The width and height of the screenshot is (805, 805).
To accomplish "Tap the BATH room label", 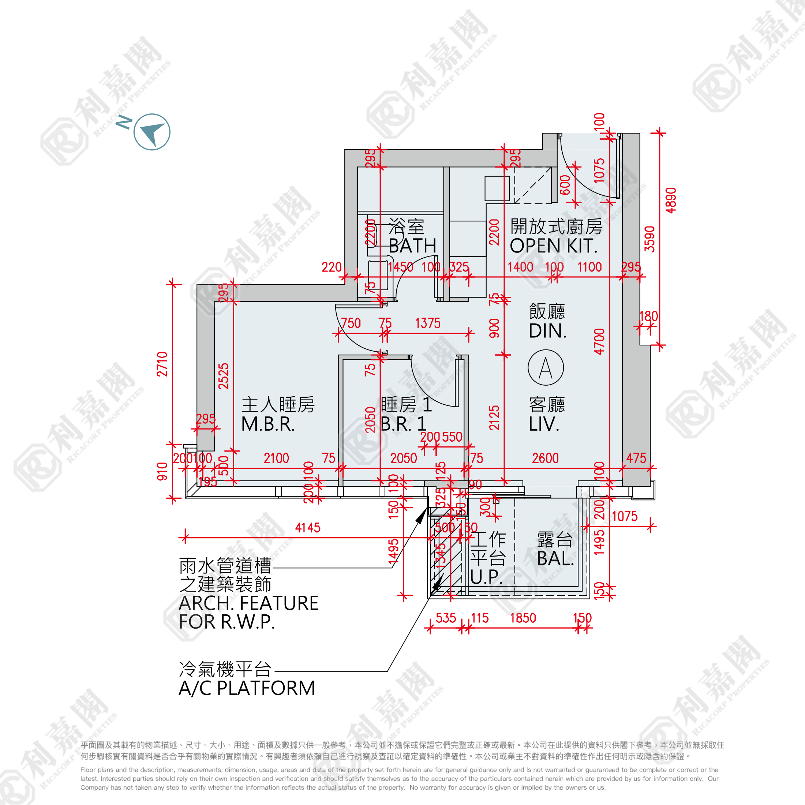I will coord(412,246).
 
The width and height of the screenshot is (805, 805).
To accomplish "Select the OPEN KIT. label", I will coord(553,246).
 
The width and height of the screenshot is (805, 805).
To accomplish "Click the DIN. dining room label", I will coord(547,331).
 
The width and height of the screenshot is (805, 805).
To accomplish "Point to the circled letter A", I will coord(546,367).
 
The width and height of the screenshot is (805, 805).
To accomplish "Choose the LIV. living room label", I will coord(544,424).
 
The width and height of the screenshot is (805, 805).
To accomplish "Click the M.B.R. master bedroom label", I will coord(268,424).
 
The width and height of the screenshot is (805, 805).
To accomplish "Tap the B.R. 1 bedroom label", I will coord(403,424).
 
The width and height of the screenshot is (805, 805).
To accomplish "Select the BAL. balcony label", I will coord(555,559).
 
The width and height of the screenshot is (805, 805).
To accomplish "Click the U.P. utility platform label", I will coord(486,577).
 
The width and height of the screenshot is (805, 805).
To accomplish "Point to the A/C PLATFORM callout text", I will coord(247,688).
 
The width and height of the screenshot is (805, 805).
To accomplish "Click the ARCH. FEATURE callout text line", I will coord(248,603).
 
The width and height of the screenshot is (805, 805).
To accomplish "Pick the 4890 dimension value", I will coord(671,201).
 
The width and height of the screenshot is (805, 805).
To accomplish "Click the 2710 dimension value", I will coord(162,364).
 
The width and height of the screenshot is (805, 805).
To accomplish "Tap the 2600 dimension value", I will coord(545,458).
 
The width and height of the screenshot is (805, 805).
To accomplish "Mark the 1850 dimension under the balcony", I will coord(523,618).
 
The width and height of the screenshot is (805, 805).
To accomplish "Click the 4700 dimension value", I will coord(599,341).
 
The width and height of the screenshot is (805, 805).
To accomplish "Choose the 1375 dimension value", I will coord(427,323).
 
